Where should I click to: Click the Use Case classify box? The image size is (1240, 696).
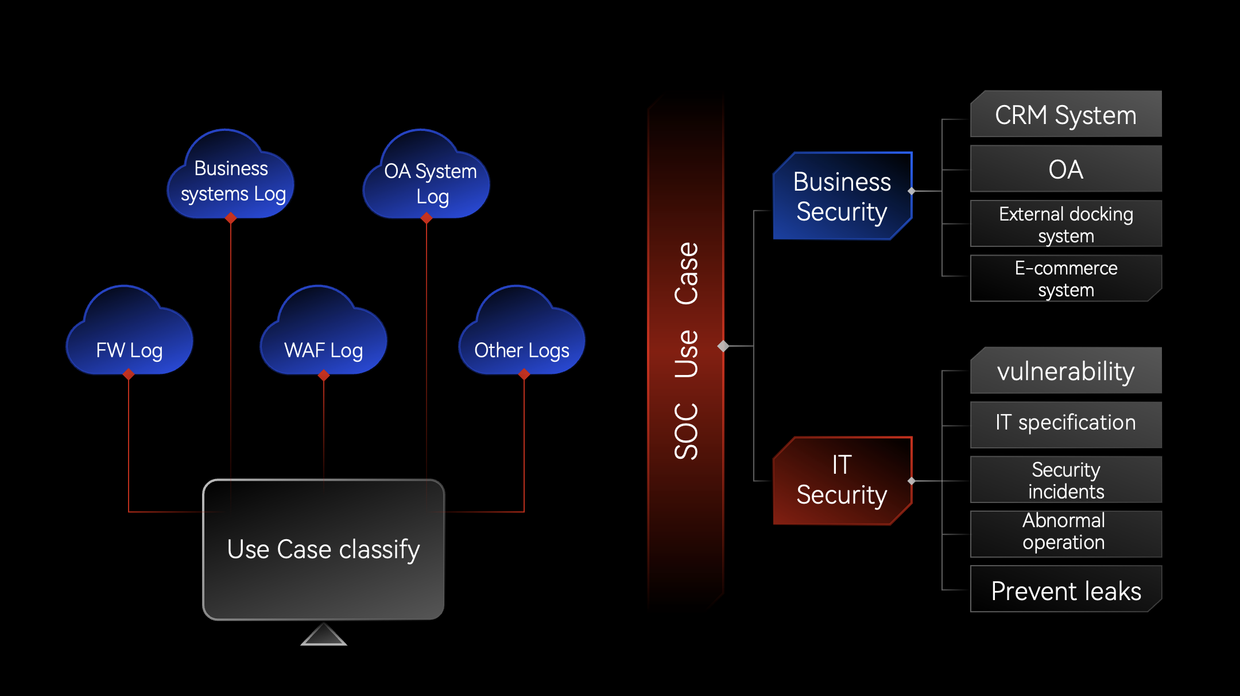324,550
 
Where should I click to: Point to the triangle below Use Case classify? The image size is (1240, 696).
324,636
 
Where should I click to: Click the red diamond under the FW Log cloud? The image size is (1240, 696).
129,374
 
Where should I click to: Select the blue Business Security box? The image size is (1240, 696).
842,196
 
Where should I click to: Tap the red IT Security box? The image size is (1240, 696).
842,481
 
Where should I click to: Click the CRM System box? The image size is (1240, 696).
1065,115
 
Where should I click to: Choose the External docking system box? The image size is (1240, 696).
1065,224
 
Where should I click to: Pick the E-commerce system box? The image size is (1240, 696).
1065,279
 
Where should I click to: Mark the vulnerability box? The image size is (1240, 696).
1065,371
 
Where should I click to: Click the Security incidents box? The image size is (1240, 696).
1065,480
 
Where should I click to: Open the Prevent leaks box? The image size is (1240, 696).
1065,590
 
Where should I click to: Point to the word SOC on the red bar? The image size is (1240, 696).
687,431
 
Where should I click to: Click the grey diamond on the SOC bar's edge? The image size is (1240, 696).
723,346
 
